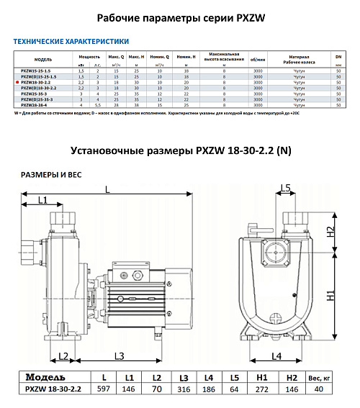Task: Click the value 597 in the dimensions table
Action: (x=106, y=389)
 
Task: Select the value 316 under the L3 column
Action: (x=184, y=389)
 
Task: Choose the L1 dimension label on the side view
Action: (x=42, y=199)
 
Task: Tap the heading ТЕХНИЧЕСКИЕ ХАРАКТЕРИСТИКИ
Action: (x=71, y=42)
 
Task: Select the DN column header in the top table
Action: (x=338, y=55)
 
